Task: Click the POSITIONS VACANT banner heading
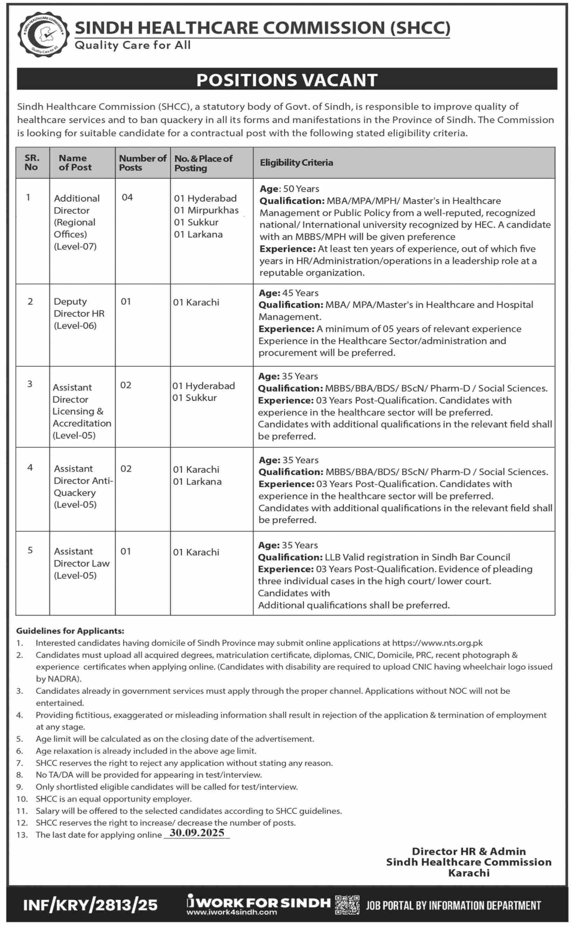287,80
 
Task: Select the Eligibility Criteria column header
296,163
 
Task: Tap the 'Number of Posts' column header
143,163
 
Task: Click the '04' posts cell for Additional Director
127,197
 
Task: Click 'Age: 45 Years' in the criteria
288,293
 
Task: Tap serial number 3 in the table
30,384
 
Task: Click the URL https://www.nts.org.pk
437,643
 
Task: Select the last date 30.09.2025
197,833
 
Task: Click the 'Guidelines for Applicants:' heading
70,631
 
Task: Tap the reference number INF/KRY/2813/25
90,905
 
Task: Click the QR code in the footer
347,905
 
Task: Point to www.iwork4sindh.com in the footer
232,912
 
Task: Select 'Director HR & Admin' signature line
468,851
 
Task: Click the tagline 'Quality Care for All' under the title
132,45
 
